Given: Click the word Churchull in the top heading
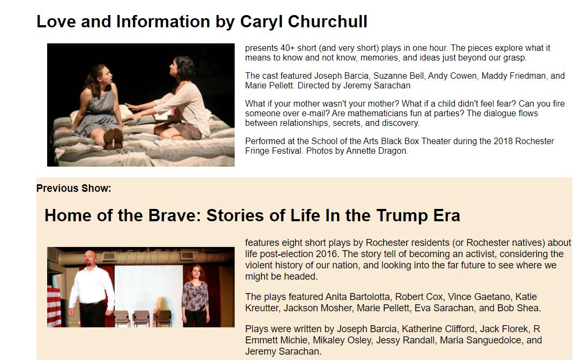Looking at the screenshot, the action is coord(328,21).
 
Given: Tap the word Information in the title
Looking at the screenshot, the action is coord(163,21).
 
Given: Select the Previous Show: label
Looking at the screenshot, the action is coord(74,189).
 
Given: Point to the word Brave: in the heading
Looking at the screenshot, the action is coord(174,215).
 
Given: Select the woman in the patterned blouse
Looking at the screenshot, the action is coord(195,294).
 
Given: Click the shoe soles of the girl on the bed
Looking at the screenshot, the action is coord(113,139).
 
